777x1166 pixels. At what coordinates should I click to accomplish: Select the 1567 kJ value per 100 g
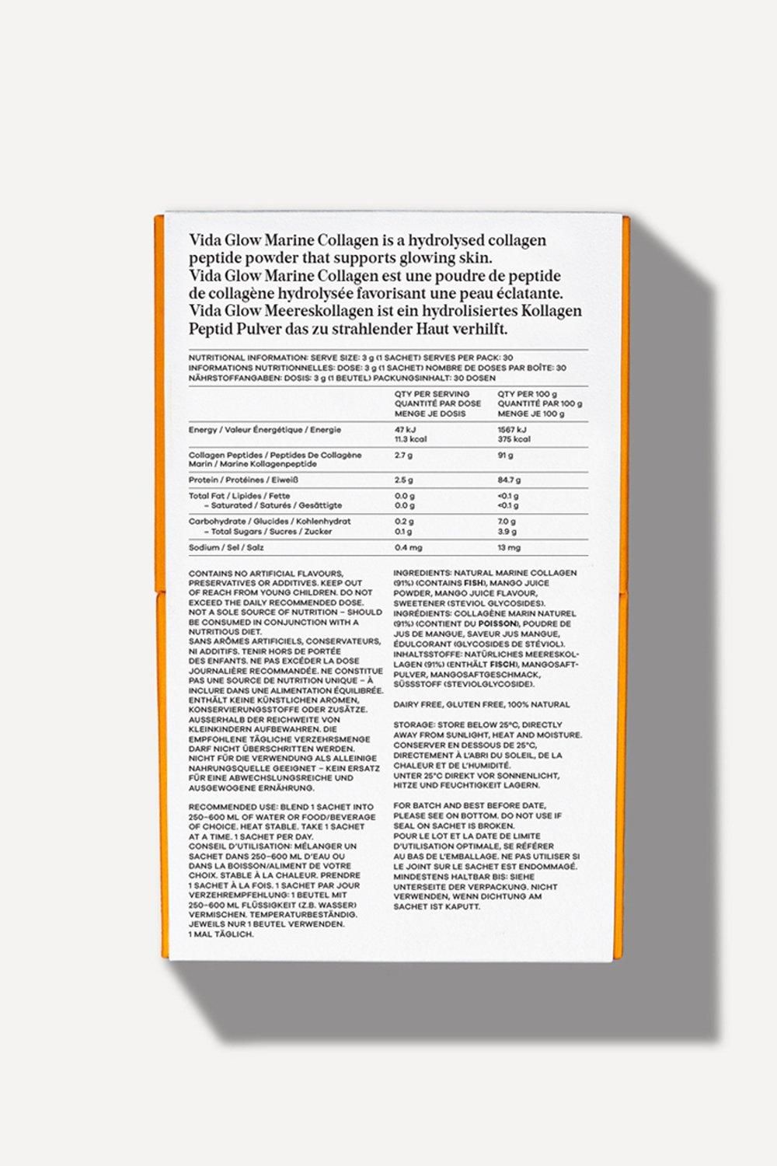pos(512,429)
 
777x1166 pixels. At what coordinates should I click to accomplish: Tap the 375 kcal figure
pos(514,439)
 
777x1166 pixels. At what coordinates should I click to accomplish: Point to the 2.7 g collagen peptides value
pos(403,456)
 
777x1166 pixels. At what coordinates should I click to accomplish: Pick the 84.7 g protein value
pos(510,480)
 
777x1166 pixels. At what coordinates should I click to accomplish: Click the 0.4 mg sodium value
pos(408,548)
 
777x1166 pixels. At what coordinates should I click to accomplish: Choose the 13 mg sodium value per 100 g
pos(510,548)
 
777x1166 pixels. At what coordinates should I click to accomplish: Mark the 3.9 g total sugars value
pos(507,532)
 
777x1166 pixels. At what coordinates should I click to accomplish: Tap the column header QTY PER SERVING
pos(431,394)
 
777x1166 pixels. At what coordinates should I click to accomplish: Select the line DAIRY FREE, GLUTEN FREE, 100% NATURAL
pos(481,704)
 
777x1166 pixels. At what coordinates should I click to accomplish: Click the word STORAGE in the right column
pos(413,724)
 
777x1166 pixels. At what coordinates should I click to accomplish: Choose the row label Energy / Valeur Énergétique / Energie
pos(264,430)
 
